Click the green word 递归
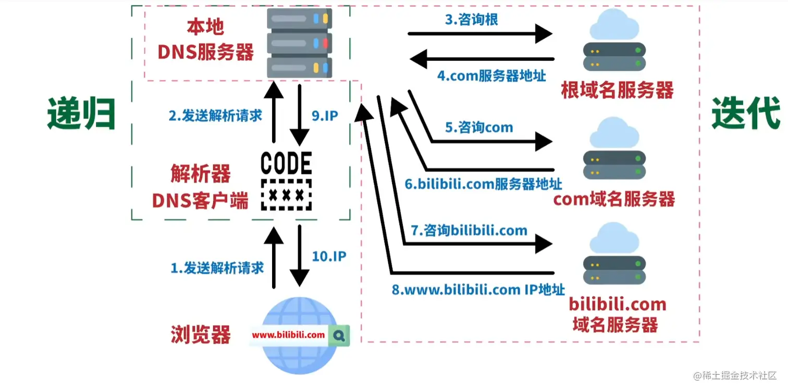pos(81,113)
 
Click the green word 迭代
pos(746,113)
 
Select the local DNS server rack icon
pos(300,44)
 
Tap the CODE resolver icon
pos(286,180)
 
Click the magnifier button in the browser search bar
pos(340,336)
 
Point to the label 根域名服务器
pos(617,91)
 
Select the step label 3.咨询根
pos(471,20)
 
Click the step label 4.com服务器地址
pos(491,76)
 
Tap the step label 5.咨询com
pos(478,128)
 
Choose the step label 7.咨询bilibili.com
pos(469,230)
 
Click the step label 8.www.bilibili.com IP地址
pos(478,290)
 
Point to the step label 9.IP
pos(325,116)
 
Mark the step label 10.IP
pos(329,256)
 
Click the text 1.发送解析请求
pos(217,268)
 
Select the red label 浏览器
pos(201,335)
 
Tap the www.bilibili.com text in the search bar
pos(288,335)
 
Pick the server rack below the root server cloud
pos(614,57)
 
